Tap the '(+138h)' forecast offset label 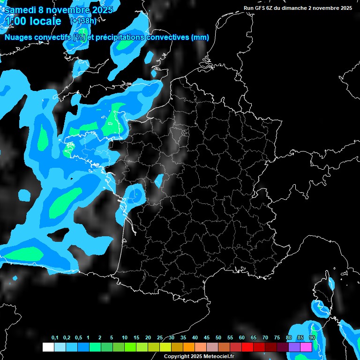coord(83,21)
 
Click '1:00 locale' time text coord(33,21)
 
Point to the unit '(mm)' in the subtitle coord(200,37)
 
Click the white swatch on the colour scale coord(48,347)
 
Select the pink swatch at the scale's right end coord(306,347)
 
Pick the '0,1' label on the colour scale coord(55,338)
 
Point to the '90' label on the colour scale coord(312,338)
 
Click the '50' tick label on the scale coord(218,338)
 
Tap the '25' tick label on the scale coord(160,338)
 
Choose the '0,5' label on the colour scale coord(78,338)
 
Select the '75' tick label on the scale coord(277,338)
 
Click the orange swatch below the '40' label coord(188,347)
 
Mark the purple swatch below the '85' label coord(294,347)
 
